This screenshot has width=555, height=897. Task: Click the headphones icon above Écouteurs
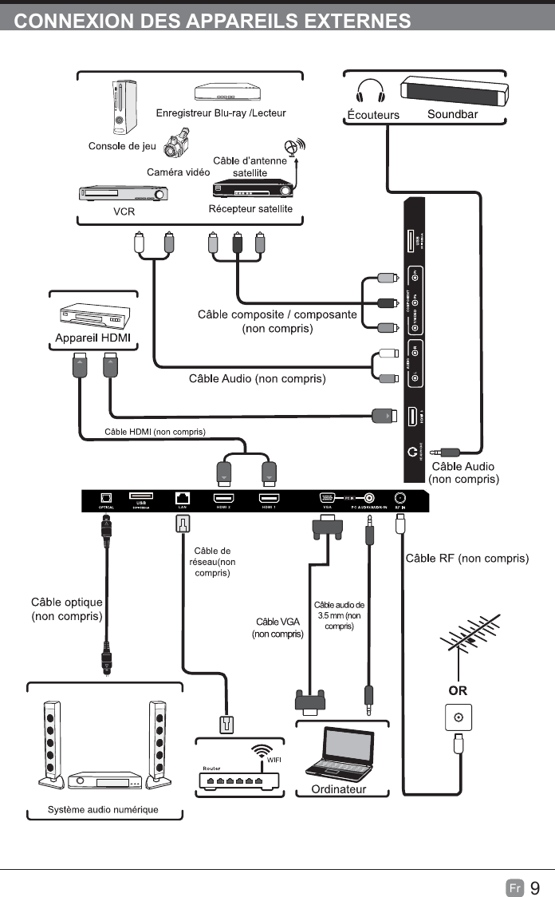tap(371, 91)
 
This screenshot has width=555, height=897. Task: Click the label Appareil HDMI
tap(92, 338)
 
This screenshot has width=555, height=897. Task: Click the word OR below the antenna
tap(458, 690)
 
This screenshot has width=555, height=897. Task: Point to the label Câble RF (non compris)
tap(467, 558)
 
